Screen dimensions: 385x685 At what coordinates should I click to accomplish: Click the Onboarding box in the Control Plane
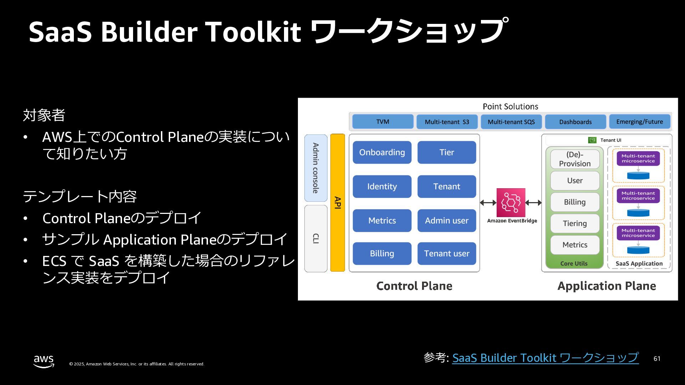[382, 152]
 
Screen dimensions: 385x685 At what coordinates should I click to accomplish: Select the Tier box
[447, 152]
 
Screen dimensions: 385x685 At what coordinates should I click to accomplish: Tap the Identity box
[382, 186]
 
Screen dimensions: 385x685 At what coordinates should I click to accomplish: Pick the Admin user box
[447, 221]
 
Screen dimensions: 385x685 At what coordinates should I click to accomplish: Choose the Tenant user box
[447, 253]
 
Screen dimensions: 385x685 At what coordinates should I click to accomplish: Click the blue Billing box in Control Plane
[382, 253]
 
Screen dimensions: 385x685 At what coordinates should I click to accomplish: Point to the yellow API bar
[338, 202]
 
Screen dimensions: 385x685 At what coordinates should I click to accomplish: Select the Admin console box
[316, 168]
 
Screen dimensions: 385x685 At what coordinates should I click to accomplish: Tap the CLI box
[316, 238]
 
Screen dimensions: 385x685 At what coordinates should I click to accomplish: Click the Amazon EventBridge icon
[511, 202]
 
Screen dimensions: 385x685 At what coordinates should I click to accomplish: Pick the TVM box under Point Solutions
[382, 122]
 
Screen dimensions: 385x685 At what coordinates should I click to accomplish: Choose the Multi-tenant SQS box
[511, 122]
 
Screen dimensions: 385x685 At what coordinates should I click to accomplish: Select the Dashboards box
[575, 122]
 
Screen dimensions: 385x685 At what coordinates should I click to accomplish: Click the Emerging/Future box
[639, 122]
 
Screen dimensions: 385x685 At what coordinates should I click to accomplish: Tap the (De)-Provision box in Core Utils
[575, 159]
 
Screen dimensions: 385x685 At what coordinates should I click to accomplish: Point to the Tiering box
[575, 224]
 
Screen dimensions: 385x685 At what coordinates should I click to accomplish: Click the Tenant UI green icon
[592, 140]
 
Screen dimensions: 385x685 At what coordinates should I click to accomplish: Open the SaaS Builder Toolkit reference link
[545, 358]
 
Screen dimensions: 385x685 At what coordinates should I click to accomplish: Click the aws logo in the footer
[44, 361]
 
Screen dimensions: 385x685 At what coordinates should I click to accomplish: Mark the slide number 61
[657, 359]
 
